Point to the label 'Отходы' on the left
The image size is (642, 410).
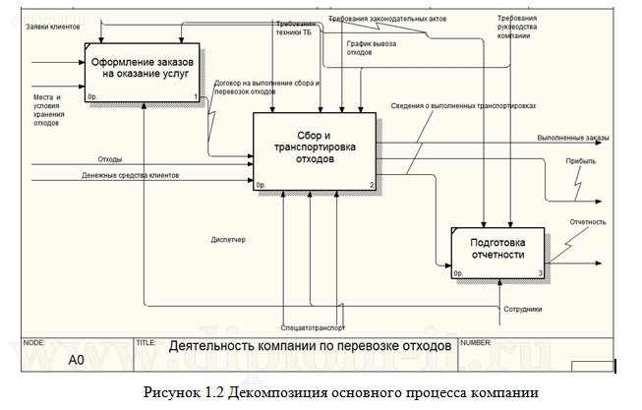tap(109, 159)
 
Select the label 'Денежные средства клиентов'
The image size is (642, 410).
tap(137, 176)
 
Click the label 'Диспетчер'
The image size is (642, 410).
tap(228, 240)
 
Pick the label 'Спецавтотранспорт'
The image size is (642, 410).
tap(313, 325)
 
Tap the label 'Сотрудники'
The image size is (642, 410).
tap(522, 310)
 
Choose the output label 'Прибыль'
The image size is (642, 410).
tap(579, 160)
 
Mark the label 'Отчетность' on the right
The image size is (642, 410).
tap(587, 222)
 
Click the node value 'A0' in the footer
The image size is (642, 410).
tap(75, 361)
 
